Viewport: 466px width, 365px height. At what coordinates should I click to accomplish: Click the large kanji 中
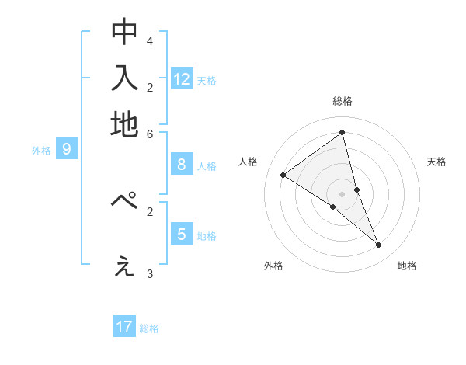click(124, 32)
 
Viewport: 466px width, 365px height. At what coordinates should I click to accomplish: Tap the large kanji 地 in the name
click(124, 123)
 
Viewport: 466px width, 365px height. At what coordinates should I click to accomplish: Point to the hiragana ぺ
click(124, 201)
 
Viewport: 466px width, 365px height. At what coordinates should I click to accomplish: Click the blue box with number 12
click(182, 78)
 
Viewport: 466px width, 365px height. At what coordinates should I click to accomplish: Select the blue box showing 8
click(182, 164)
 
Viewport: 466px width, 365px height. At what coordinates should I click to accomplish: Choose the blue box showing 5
click(182, 234)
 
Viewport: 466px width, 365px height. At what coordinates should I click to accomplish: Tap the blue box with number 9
click(66, 149)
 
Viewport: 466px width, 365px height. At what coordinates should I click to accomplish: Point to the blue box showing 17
click(124, 327)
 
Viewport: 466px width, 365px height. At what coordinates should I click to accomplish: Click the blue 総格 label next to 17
click(149, 328)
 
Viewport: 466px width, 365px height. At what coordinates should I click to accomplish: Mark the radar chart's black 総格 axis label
click(343, 101)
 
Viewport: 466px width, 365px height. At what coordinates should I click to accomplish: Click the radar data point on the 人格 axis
click(283, 175)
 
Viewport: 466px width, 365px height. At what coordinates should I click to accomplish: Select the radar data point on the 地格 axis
click(379, 245)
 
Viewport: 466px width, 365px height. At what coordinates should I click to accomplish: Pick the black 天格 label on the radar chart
click(437, 162)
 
